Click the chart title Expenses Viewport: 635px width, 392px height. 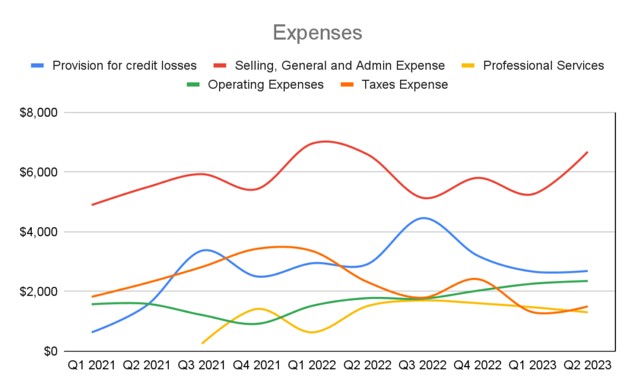pos(317,33)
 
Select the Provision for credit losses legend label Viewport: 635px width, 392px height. pos(124,65)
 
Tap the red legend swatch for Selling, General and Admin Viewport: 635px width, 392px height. pos(220,65)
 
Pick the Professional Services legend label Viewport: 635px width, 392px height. pos(544,65)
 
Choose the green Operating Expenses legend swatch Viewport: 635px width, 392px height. pos(193,84)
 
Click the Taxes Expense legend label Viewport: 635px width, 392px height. pos(404,84)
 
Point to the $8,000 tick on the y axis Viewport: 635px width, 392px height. pos(39,112)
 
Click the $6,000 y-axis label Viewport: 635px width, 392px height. pos(39,172)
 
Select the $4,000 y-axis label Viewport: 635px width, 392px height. pos(39,232)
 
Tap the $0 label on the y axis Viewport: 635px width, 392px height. pos(51,351)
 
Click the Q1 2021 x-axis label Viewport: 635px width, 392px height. pos(91,365)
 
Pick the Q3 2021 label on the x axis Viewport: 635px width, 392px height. pos(202,365)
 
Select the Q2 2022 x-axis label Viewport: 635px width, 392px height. pos(367,365)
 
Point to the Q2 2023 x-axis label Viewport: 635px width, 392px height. pos(587,365)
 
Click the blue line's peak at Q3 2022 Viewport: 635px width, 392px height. pos(423,218)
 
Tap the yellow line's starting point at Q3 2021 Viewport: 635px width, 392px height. pos(202,343)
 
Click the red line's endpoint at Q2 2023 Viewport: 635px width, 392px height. pos(587,152)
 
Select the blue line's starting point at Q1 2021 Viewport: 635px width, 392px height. pos(92,332)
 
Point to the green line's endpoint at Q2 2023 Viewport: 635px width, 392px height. pos(587,281)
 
